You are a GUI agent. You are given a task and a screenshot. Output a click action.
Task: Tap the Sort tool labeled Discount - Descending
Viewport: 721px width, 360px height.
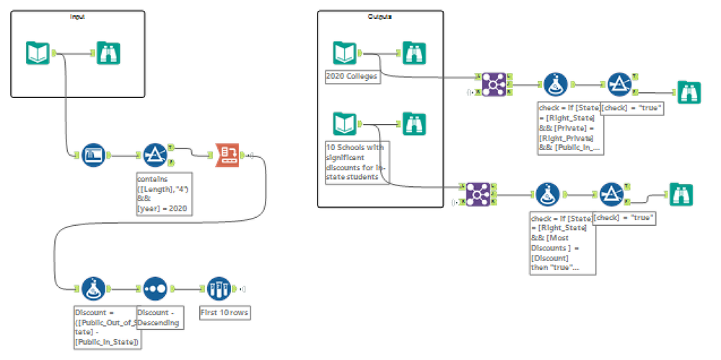[155, 289]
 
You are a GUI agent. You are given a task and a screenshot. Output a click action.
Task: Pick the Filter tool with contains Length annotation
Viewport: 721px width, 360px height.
[154, 154]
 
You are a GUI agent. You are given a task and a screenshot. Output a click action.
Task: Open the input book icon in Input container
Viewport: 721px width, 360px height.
[38, 53]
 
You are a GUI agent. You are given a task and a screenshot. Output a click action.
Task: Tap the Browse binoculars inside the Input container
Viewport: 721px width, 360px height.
[108, 53]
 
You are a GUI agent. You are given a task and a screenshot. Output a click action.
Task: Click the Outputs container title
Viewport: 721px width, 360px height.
[380, 16]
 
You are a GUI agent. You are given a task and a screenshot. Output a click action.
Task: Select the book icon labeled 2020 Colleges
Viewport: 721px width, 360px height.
[344, 53]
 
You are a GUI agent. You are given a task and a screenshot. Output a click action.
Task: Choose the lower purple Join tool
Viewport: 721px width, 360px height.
[476, 193]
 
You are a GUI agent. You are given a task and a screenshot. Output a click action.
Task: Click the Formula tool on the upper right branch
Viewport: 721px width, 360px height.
[553, 84]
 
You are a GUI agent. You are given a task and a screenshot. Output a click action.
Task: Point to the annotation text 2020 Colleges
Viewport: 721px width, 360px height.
[352, 75]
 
